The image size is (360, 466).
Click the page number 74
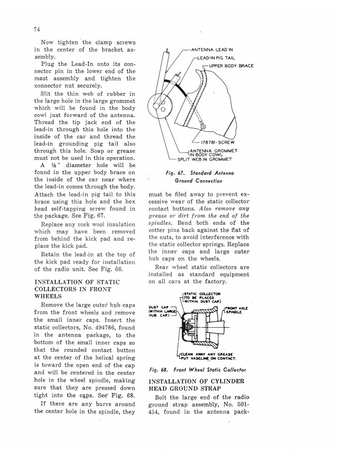[x=36, y=29]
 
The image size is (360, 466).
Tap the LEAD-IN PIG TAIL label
[x=218, y=58]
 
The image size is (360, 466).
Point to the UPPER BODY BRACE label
[x=231, y=65]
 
